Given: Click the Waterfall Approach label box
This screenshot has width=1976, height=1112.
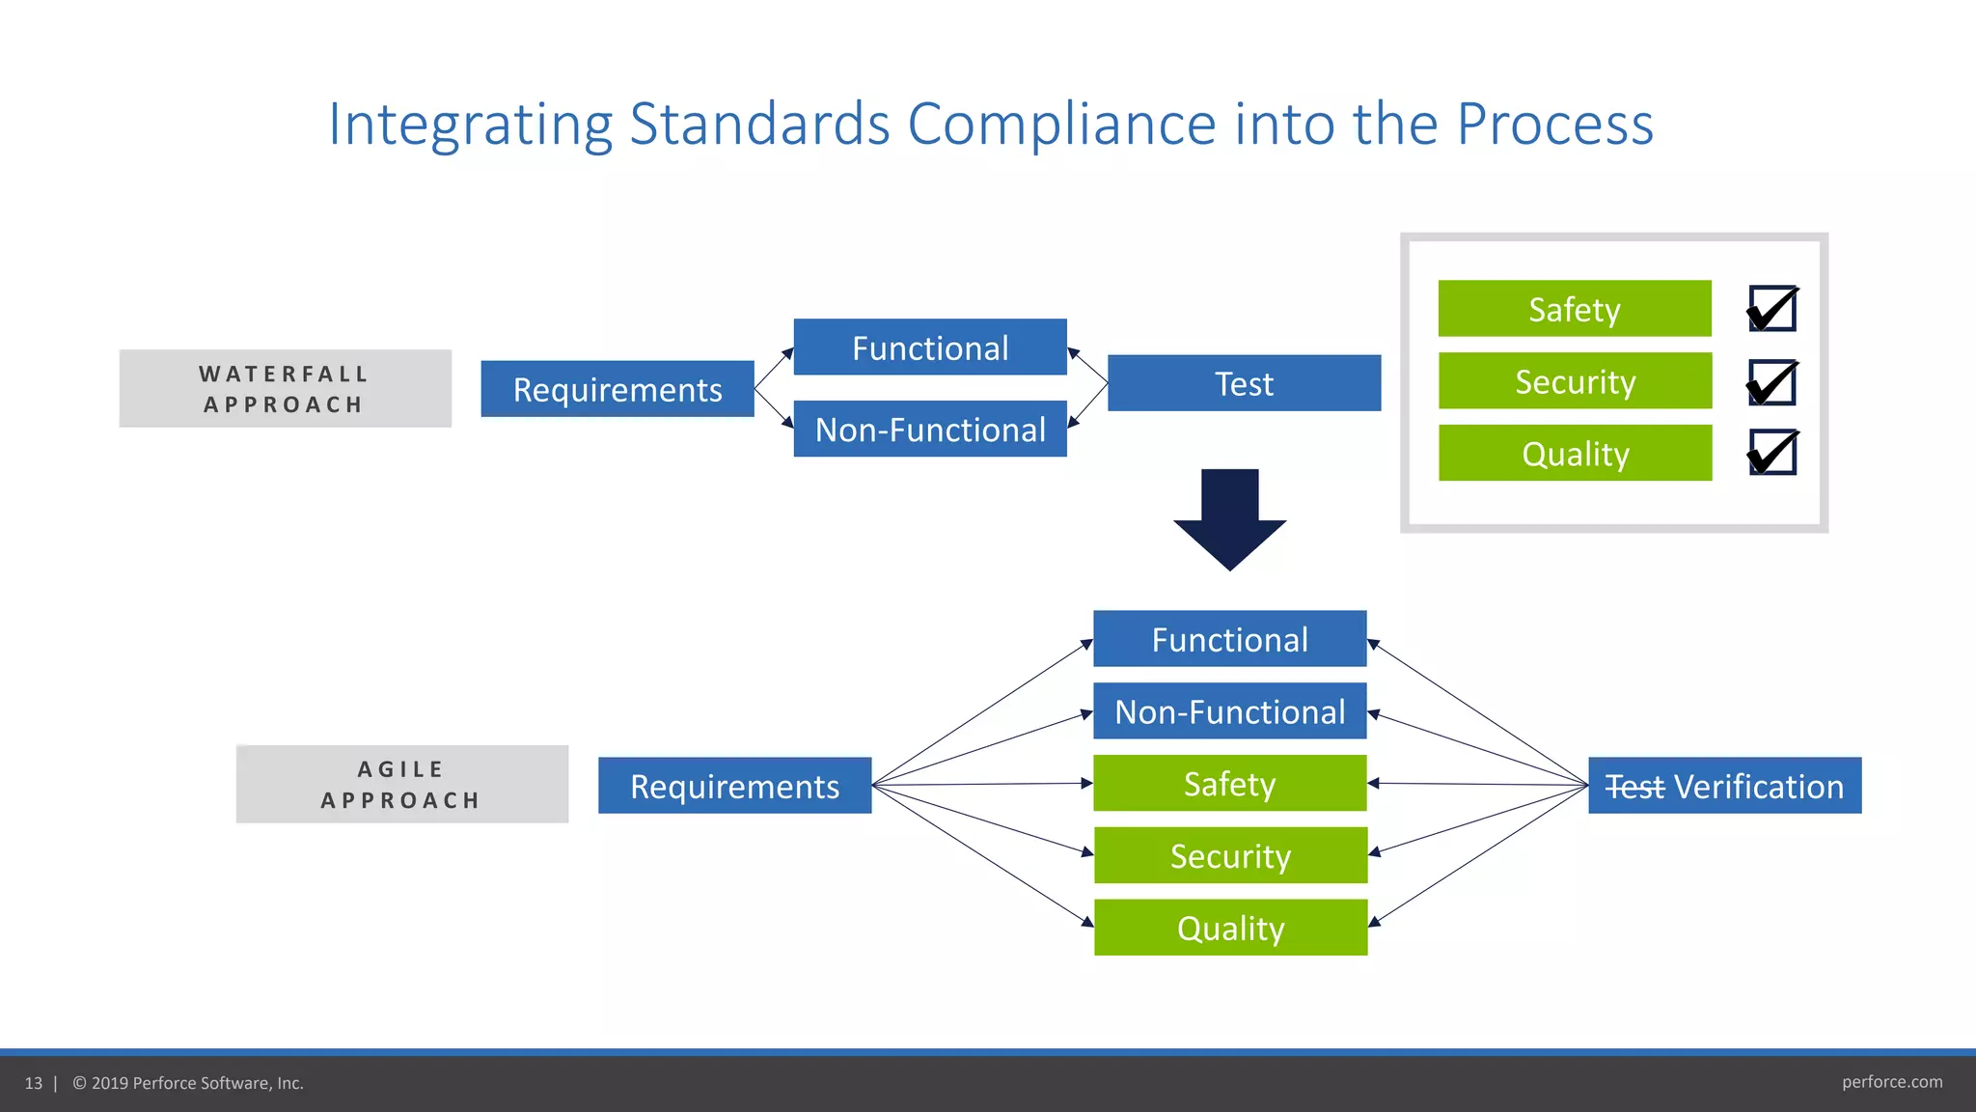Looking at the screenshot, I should coord(285,388).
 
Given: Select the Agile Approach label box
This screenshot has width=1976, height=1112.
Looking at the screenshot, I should coord(401,784).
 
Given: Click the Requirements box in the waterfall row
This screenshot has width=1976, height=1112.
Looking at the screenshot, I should coord(617,389).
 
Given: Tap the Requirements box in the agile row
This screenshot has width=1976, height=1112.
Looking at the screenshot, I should coord(734,786).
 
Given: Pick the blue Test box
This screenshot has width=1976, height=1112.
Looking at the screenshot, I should coord(1244,383).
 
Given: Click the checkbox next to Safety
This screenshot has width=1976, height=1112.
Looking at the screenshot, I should coord(1772,309).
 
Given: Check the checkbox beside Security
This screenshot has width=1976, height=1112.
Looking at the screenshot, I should coord(1772,382).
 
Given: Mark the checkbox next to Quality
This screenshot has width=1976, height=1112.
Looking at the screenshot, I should coord(1772,453).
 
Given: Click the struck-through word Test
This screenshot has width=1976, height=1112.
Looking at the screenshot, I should coord(1634,787).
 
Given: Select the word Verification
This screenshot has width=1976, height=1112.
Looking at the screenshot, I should coord(1758,787).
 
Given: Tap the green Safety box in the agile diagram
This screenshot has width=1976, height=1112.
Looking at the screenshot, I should coord(1230,783).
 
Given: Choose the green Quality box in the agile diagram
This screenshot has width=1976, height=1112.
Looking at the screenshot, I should coord(1230,928).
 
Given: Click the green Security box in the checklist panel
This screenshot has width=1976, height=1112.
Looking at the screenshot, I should coord(1575,381).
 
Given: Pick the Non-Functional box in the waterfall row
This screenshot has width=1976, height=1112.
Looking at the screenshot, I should coord(930,429).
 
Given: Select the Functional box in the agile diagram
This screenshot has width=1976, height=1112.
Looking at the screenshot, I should coord(1230,639).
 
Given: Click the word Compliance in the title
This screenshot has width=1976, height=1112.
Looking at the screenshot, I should coord(1061,125).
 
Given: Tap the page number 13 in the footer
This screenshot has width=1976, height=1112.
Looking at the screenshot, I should coord(34,1083).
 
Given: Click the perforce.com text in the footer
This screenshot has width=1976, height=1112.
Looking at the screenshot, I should coord(1891,1082).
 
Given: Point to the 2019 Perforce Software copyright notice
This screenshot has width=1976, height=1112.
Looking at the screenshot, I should coord(188,1083).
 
